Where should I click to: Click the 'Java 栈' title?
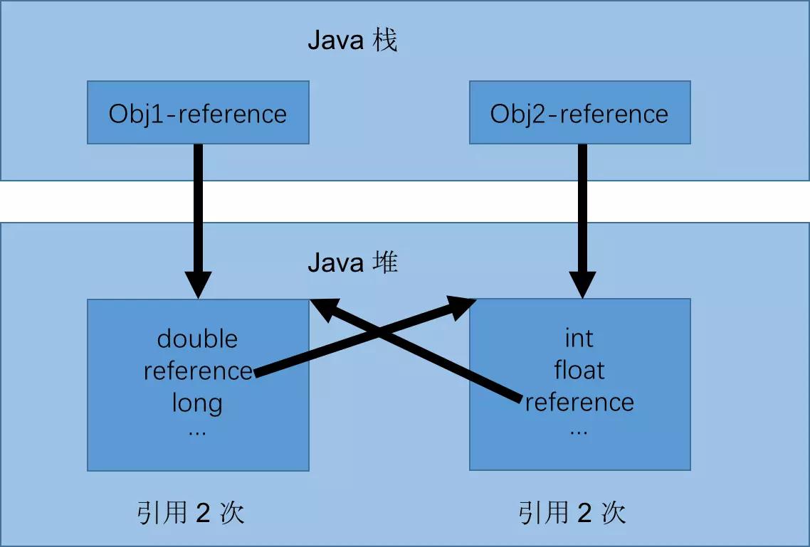[x=352, y=41]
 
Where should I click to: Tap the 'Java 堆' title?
[x=352, y=262]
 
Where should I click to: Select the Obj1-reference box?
[x=198, y=112]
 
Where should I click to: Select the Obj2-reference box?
[x=579, y=112]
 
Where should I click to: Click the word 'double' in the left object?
[x=197, y=339]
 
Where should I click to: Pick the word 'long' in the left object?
[x=197, y=403]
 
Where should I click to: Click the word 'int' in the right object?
[x=579, y=339]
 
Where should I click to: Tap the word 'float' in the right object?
[x=579, y=370]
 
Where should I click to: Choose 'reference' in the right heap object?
[x=579, y=403]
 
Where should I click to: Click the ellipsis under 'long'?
[x=197, y=433]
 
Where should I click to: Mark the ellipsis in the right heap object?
[x=579, y=432]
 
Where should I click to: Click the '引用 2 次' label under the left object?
[x=191, y=513]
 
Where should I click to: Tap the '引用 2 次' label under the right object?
[x=572, y=513]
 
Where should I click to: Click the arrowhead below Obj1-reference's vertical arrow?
[x=199, y=285]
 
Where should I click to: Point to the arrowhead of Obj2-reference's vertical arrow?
[x=582, y=285]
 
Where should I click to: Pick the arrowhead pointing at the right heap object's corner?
[x=461, y=307]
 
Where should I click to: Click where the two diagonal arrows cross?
[x=379, y=331]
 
